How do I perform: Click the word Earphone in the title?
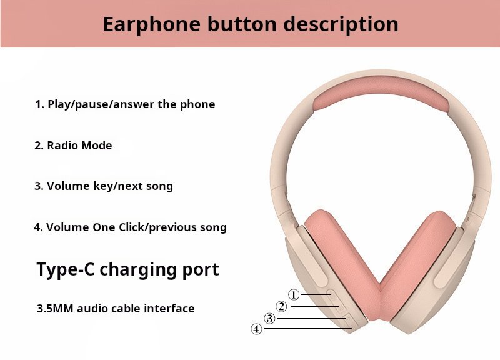tap(152, 24)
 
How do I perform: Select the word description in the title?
tap(341, 24)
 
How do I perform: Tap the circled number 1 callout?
tap(294, 294)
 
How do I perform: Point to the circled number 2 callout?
tap(281, 306)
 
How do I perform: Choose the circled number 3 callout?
tap(270, 318)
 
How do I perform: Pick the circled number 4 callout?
tap(256, 329)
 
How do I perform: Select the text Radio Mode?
tap(80, 146)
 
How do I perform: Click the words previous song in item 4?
tap(188, 227)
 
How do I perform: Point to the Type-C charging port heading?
tap(128, 270)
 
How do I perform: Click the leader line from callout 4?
tap(308, 328)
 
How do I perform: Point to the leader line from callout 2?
tap(316, 307)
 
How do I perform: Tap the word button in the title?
tap(242, 24)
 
